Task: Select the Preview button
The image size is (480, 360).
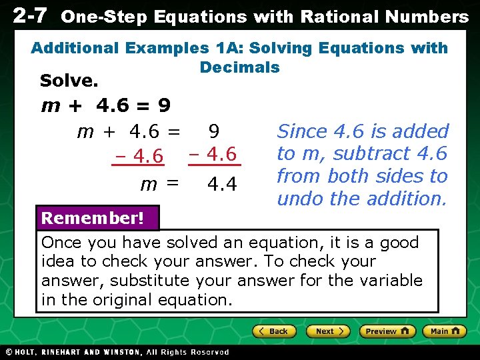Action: [x=387, y=331]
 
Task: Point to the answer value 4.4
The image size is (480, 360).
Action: [x=221, y=182]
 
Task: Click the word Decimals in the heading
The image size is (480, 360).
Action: [x=239, y=67]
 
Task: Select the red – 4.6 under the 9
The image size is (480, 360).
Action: [x=213, y=155]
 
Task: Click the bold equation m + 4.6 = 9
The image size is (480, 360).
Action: [x=106, y=105]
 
